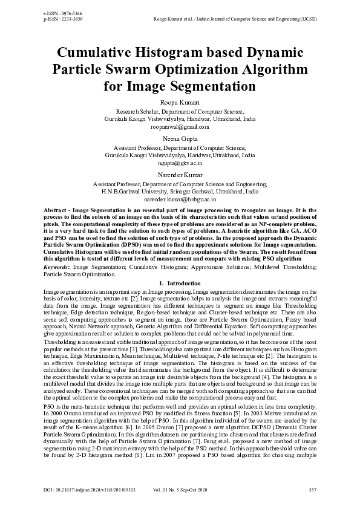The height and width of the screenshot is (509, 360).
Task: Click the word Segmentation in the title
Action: (210, 86)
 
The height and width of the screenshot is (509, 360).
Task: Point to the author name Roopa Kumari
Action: (180, 103)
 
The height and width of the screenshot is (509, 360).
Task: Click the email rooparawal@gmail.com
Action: (180, 127)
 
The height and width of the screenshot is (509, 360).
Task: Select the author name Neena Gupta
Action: (180, 139)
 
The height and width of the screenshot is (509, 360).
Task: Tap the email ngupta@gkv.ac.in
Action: (180, 163)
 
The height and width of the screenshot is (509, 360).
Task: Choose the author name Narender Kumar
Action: (180, 175)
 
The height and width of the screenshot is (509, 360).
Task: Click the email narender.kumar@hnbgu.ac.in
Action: (180, 198)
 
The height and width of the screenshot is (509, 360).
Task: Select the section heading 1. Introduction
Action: (179, 283)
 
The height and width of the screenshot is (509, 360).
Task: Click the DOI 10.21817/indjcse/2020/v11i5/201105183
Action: (90, 489)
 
